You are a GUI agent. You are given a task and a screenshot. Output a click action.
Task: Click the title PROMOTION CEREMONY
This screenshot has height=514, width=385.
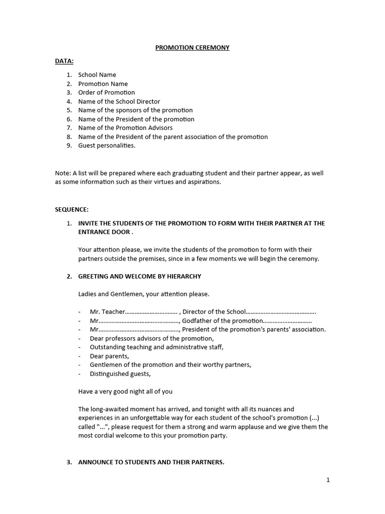click(x=192, y=48)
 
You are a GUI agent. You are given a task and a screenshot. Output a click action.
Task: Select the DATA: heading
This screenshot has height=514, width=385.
click(x=64, y=61)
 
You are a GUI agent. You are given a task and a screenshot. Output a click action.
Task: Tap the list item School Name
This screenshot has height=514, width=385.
click(x=97, y=75)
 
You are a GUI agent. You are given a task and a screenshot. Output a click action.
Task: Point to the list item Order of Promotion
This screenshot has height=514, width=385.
click(x=106, y=92)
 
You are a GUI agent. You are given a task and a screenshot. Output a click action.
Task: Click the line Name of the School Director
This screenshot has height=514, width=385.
click(x=117, y=101)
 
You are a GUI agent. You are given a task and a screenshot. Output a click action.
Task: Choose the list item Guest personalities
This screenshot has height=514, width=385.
click(x=106, y=146)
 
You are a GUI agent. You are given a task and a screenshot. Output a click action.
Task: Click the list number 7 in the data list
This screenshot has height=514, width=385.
click(x=69, y=128)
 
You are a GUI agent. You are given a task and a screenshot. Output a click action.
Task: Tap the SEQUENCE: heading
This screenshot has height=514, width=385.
click(x=72, y=209)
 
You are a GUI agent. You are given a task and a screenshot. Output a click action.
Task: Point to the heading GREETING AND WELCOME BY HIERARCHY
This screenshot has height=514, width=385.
click(x=139, y=277)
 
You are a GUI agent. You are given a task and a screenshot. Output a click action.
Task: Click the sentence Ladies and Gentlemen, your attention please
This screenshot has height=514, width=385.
click(x=144, y=294)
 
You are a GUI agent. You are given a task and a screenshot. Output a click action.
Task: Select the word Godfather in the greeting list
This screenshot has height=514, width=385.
click(x=197, y=321)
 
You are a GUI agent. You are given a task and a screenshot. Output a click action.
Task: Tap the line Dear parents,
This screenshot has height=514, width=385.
click(x=109, y=356)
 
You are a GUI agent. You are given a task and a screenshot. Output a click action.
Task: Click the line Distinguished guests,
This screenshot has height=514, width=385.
click(x=120, y=373)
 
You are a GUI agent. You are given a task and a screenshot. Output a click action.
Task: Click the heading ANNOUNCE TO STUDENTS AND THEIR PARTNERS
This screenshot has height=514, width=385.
click(x=151, y=462)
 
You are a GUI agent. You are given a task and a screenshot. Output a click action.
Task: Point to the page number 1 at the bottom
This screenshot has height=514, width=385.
click(x=328, y=480)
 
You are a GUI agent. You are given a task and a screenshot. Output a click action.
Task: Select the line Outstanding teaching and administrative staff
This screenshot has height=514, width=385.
click(x=156, y=347)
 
